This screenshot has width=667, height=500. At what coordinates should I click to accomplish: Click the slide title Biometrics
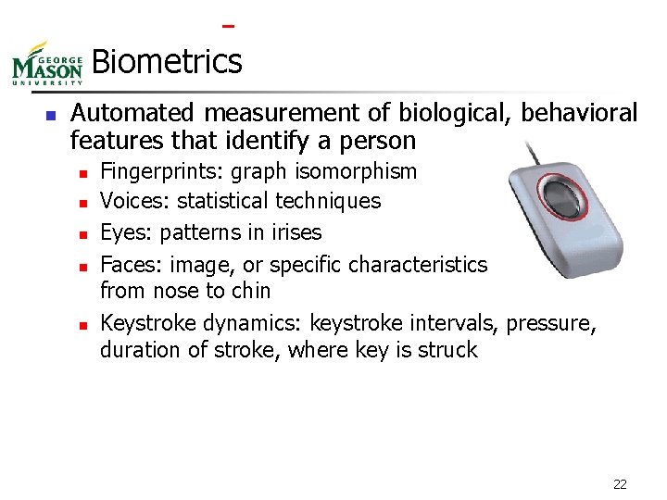(167, 62)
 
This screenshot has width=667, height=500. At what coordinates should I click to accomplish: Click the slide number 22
(620, 483)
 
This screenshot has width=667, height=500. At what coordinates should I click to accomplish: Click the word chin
(251, 291)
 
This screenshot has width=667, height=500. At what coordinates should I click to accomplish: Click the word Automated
(133, 113)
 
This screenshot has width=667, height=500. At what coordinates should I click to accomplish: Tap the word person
(380, 141)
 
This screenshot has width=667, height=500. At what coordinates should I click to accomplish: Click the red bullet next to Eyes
(82, 233)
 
